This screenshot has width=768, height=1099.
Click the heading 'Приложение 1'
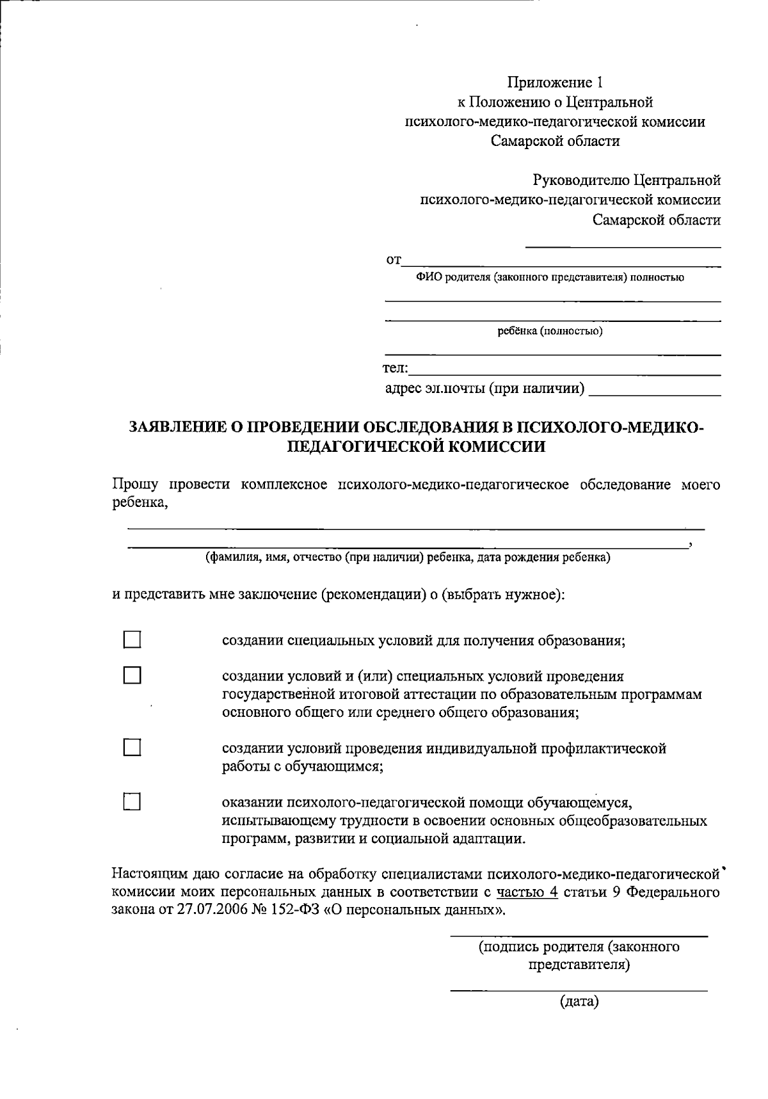[555, 83]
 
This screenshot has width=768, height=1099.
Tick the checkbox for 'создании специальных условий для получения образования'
[132, 640]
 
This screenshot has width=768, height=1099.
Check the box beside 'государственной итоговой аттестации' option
[132, 675]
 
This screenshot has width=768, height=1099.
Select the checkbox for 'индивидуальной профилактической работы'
[132, 748]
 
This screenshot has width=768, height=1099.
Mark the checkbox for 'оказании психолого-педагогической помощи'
[132, 801]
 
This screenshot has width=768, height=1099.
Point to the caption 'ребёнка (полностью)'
[550, 331]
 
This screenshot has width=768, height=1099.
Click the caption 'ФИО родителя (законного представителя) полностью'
[550, 277]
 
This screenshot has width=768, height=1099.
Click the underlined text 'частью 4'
[527, 892]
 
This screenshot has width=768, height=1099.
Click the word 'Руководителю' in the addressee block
[580, 180]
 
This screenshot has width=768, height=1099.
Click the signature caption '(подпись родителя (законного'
[579, 947]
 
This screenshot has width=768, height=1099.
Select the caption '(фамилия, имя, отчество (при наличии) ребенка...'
[408, 557]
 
